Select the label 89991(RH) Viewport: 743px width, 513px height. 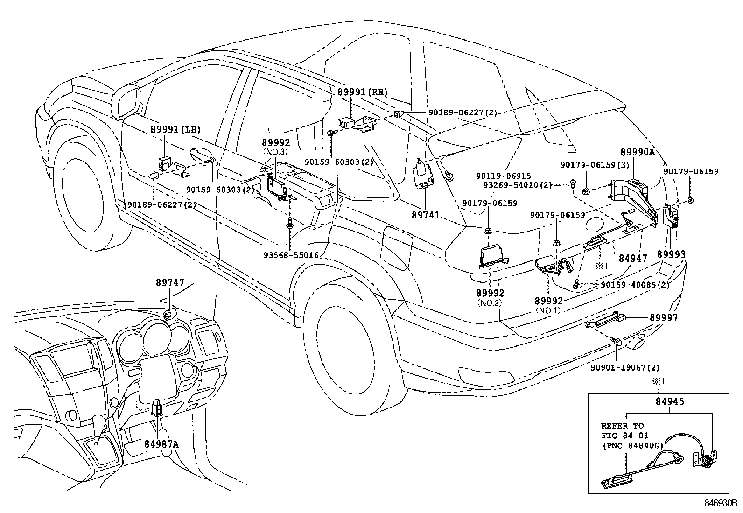pyautogui.click(x=362, y=92)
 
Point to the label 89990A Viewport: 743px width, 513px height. pyautogui.click(x=637, y=152)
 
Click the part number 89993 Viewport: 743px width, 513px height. pyautogui.click(x=671, y=254)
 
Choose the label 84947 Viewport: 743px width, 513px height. pyautogui.click(x=632, y=257)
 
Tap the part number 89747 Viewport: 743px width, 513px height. pyautogui.click(x=170, y=282)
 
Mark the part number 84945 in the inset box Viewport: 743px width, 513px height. pyautogui.click(x=670, y=401)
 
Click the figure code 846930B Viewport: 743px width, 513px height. pyautogui.click(x=720, y=504)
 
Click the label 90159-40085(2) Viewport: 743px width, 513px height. pyautogui.click(x=635, y=285)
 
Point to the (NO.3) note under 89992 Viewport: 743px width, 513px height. pyautogui.click(x=276, y=152)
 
